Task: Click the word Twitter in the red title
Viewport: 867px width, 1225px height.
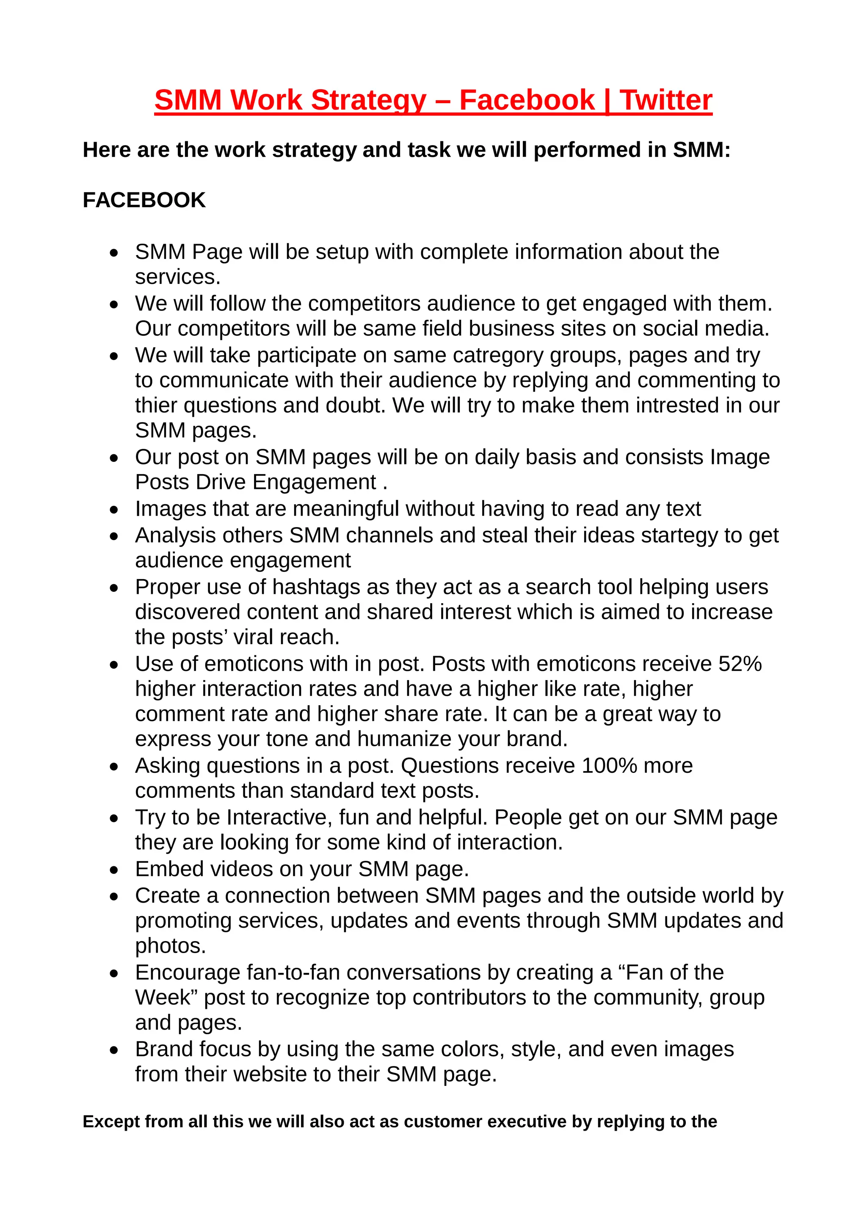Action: click(666, 100)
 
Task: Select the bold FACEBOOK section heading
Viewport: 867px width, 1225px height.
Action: click(144, 200)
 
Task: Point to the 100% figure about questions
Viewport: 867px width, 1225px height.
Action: click(609, 766)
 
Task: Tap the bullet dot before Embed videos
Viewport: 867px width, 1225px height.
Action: click(114, 870)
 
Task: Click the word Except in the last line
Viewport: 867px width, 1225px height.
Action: click(110, 1121)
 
